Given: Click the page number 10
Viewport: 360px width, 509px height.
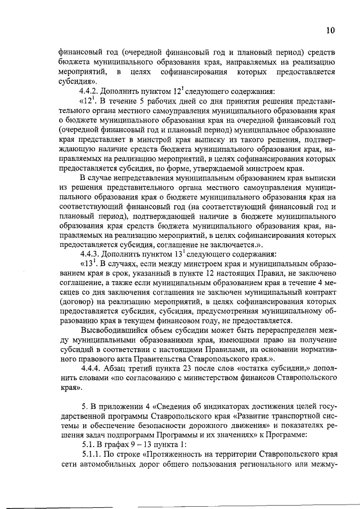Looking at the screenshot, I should point(330,30).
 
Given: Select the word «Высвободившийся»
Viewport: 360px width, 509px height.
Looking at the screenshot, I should point(114,330).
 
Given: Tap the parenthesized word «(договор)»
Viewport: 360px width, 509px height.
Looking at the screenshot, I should point(78,301).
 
